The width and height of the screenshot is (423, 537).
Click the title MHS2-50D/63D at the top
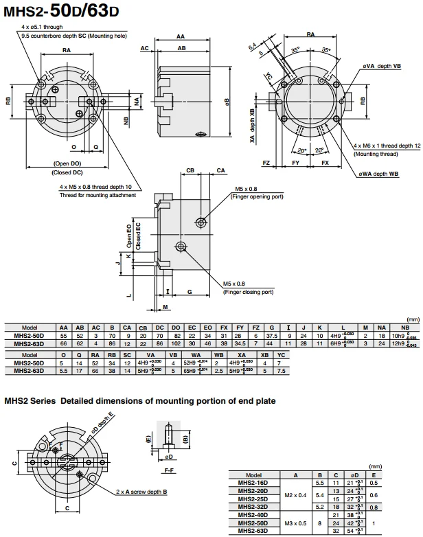tap(62, 12)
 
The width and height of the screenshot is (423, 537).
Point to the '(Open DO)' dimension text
tap(67, 163)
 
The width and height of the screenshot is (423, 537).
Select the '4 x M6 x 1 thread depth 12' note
tap(387, 146)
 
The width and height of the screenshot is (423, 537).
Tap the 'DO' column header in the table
tap(175, 328)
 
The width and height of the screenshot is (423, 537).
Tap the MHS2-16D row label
tap(253, 482)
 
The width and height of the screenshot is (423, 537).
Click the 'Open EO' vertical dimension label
tap(129, 235)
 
